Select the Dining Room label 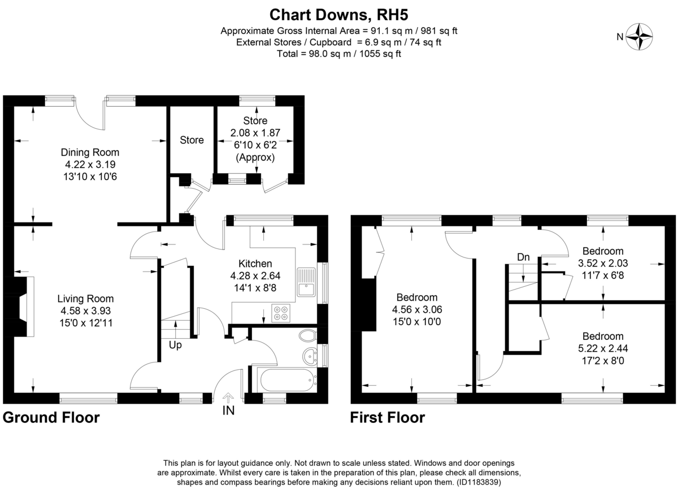(x=90, y=152)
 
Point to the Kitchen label (x=255, y=264)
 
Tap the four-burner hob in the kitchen (x=280, y=312)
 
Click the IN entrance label (x=228, y=410)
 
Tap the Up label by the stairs (x=175, y=345)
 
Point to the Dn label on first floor (x=523, y=257)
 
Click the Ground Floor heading (x=51, y=418)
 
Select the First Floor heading (x=388, y=418)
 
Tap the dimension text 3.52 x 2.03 (x=603, y=263)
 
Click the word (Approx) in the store (x=255, y=158)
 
